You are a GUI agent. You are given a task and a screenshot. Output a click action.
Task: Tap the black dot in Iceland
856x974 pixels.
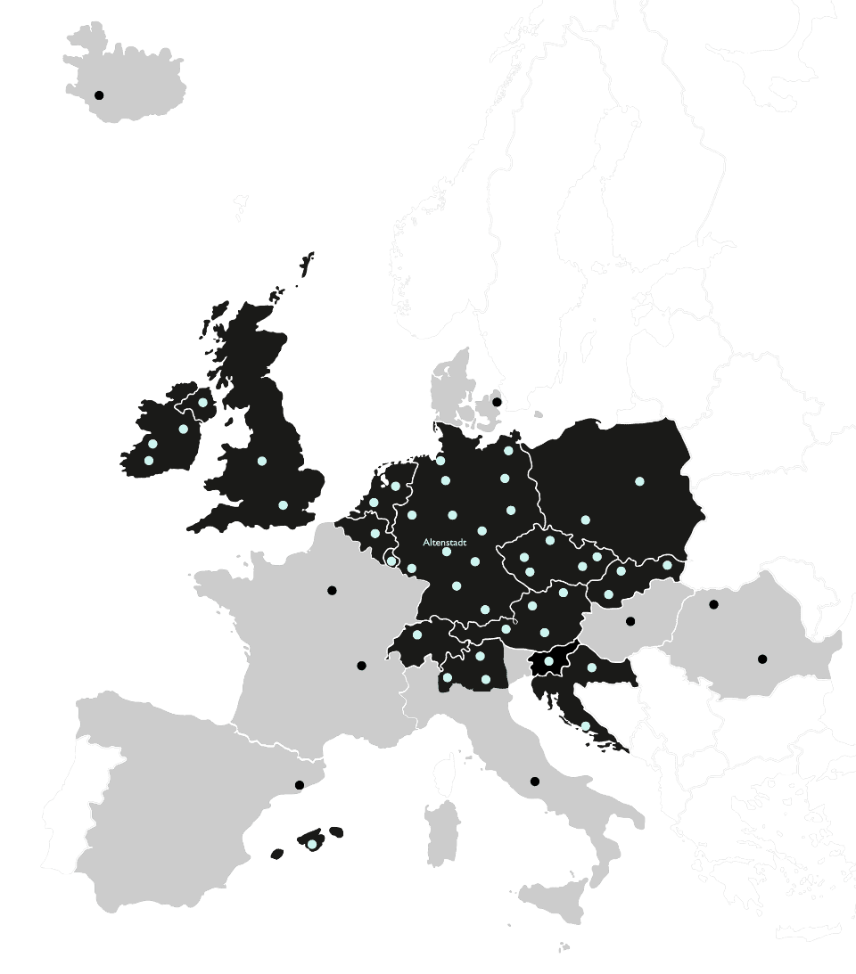pos(99,94)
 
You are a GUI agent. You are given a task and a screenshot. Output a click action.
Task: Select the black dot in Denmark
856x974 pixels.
pos(497,402)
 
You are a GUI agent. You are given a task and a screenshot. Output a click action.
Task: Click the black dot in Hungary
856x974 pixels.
pos(630,621)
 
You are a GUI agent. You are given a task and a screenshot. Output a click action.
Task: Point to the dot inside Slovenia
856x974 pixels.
pos(548,661)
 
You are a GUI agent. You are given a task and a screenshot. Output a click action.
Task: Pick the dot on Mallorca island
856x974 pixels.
pos(311,845)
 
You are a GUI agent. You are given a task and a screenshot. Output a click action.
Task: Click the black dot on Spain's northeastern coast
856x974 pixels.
pos(300,785)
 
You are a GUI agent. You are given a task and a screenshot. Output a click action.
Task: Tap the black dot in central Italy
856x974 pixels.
pos(535,782)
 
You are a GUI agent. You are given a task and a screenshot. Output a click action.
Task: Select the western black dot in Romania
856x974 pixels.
pos(713,604)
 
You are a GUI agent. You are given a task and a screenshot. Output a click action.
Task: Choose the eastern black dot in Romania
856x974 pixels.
pos(761,659)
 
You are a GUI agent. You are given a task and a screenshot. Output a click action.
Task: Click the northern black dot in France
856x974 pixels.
pos(332,590)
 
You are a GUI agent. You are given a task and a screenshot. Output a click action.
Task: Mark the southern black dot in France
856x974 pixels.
pos(361,666)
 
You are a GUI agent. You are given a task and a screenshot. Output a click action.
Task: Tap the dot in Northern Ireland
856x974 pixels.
pos(203,403)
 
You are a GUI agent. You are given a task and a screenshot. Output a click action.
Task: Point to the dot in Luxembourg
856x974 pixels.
pos(391,561)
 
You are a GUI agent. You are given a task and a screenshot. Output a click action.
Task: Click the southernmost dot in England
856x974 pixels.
pos(283,505)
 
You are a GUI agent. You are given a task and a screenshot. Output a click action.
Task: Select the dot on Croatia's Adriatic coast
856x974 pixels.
pos(585,726)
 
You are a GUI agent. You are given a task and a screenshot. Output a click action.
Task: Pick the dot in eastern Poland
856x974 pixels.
pos(639,481)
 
